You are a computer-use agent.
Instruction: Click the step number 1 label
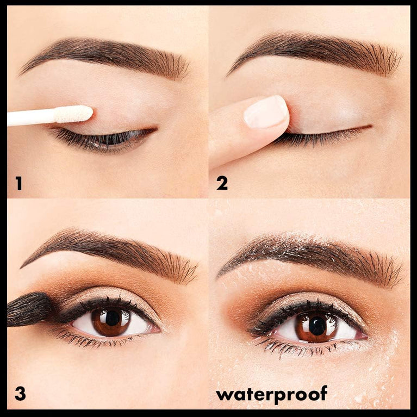tap(18, 183)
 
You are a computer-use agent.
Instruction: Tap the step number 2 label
tap(222, 183)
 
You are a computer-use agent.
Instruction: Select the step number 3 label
tap(20, 393)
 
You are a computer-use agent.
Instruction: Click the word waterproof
tap(271, 393)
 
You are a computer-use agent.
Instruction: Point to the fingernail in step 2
tap(265, 112)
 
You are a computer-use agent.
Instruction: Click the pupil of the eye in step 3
tap(113, 318)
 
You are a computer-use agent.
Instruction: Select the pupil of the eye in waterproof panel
tap(317, 325)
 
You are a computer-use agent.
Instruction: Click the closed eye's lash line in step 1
tap(103, 136)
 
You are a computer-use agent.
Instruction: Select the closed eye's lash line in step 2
tap(321, 136)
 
